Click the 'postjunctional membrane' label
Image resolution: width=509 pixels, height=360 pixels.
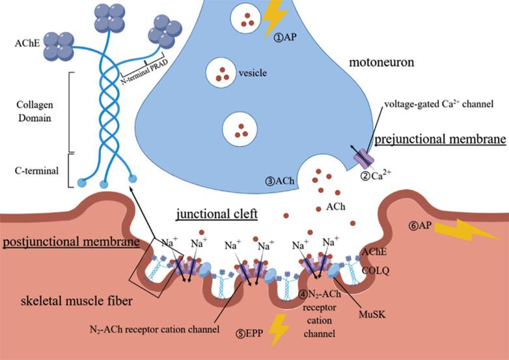pos(71,242)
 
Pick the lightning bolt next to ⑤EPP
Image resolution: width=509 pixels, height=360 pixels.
pos(278,328)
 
